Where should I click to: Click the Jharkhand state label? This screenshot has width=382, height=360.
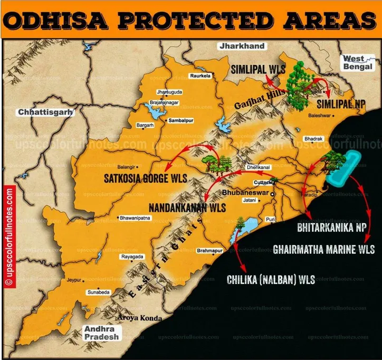tap(243, 46)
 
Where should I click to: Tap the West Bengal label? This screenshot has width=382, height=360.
tap(359, 63)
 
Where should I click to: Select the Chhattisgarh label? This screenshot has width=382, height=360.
tap(45, 112)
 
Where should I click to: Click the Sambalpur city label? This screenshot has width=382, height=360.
tap(183, 120)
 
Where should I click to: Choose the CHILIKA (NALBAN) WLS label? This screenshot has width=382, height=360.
tap(271, 279)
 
